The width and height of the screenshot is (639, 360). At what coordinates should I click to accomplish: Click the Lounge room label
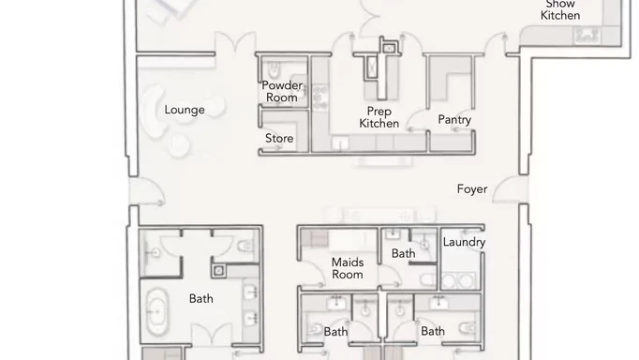pos(185,110)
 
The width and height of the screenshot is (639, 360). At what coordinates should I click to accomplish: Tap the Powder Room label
pos(282,91)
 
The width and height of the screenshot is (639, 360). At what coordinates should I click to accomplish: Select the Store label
pos(279,139)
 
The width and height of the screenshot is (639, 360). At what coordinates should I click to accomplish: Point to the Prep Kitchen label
pos(379,117)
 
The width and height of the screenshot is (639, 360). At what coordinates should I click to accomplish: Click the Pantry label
pos(454,120)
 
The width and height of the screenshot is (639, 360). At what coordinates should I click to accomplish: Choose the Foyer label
pos(472,188)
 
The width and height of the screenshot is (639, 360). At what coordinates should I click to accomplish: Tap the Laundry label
pos(464,242)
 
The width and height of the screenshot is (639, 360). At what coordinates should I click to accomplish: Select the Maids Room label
pos(348,268)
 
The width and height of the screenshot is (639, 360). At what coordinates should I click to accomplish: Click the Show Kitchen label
pos(560,9)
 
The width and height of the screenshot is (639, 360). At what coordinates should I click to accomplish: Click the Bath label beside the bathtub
pos(201,299)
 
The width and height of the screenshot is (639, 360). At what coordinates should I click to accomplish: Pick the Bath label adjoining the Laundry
pos(403,253)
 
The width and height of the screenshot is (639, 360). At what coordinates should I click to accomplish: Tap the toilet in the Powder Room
pos(272,71)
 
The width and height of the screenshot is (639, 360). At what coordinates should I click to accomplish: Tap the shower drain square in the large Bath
pos(219,271)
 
